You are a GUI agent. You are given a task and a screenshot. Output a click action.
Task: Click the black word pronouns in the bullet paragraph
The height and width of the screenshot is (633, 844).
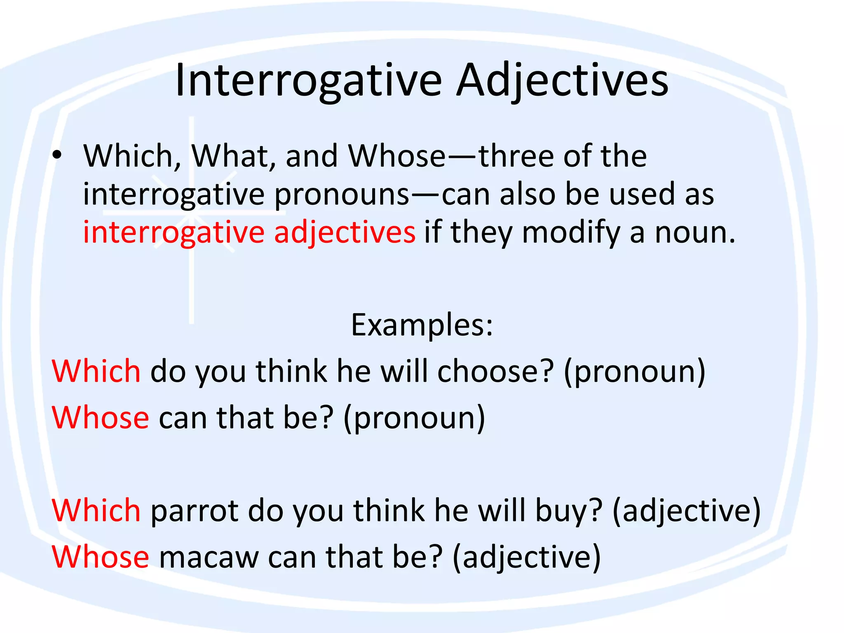(342, 195)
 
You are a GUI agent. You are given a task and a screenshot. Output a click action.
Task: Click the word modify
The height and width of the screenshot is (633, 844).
(571, 232)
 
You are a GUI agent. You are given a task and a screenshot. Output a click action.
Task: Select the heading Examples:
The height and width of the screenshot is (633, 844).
(422, 325)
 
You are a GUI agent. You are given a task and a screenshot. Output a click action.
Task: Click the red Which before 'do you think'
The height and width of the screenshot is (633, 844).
(96, 371)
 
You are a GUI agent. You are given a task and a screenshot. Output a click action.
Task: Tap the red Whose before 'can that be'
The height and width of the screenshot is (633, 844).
(101, 418)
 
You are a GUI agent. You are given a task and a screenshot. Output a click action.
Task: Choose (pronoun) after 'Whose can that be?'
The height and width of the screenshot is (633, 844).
(414, 418)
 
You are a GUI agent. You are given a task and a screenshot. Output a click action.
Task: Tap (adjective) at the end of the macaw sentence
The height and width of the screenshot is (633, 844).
(526, 557)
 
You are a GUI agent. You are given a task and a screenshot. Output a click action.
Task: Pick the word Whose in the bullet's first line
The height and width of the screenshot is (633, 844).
(396, 156)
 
